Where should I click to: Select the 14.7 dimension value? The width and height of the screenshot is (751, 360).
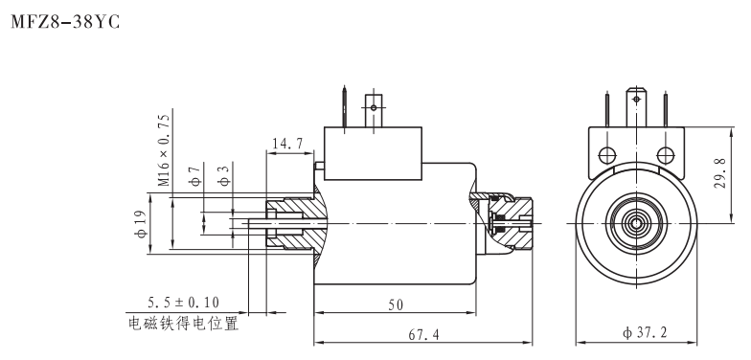tap(289, 146)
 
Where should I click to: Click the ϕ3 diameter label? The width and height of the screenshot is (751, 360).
tap(222, 178)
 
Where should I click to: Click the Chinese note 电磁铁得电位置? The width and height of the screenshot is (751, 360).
tap(183, 323)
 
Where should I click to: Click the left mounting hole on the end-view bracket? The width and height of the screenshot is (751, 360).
tap(605, 155)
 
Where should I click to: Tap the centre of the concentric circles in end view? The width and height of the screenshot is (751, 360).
tap(634, 223)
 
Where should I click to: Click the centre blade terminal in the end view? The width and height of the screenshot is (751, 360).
tap(634, 101)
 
